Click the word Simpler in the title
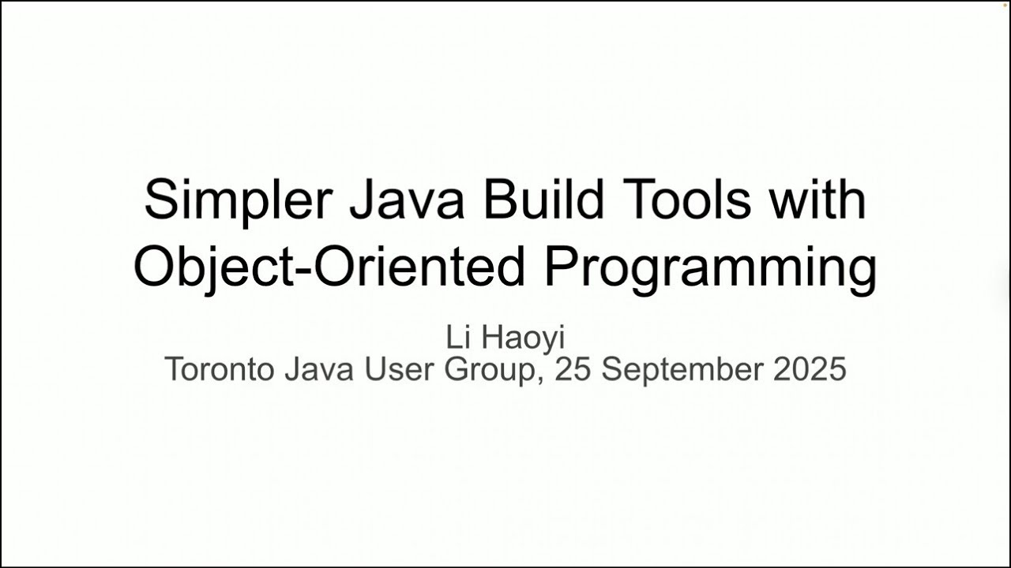pos(239,201)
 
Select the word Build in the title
pos(543,198)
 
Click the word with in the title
pos(817,198)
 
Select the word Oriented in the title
pos(419,267)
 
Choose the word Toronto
pos(220,369)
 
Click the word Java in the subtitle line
pos(319,369)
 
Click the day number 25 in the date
pos(573,369)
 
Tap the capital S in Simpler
pos(160,199)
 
